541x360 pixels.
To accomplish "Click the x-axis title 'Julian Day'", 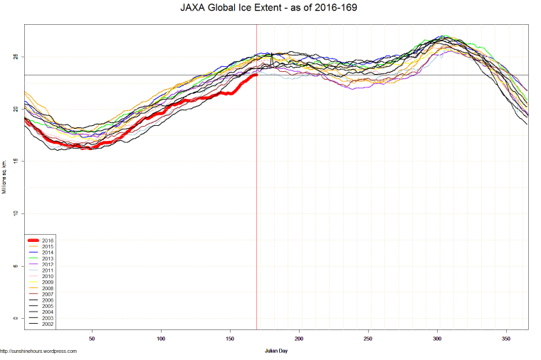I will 276,351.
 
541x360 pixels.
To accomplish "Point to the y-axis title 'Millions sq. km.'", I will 5,178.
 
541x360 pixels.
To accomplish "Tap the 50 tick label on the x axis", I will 93,339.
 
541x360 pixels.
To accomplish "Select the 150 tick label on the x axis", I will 230,339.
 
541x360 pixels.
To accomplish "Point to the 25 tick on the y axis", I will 16,57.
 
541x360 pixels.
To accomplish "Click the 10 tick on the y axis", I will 16,213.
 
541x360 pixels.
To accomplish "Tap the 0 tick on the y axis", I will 16,319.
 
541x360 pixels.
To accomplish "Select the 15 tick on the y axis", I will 16,162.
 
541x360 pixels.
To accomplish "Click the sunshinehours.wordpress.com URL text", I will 38,351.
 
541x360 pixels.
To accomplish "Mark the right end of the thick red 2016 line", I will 256,75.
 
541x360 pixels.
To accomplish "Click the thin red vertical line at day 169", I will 256,213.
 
